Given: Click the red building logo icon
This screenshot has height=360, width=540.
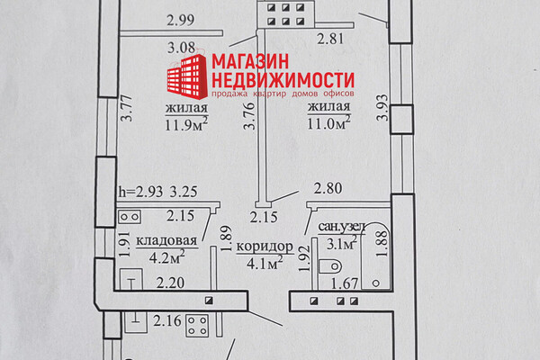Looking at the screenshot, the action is pos(187,75).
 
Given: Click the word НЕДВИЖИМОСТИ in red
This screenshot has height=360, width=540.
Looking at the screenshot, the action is pos(283,80).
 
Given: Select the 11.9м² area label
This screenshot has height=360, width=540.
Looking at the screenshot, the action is pos(186,123).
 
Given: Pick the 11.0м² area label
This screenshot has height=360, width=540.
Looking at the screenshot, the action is pos(328,122).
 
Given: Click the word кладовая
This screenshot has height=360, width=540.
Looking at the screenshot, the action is pos(166,240).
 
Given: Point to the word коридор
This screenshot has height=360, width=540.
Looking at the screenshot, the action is pos(265,247).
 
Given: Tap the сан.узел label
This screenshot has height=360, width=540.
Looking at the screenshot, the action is pos(342,227).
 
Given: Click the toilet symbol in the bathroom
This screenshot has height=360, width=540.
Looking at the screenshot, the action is pos(329,266).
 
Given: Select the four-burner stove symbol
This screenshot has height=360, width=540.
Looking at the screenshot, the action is pos(197,325).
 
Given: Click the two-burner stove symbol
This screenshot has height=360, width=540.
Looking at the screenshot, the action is pos(130,218).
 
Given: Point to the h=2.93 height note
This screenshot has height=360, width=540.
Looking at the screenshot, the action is pos(140,192).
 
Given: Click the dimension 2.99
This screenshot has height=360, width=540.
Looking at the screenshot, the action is pos(181,20).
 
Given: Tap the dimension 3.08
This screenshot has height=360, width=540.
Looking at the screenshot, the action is pos(182,48).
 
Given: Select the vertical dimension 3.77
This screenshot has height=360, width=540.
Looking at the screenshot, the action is pos(128,108).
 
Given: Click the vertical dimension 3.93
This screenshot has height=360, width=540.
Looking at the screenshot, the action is pos(382,108).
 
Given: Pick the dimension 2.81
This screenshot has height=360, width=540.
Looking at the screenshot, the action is pos(330,39).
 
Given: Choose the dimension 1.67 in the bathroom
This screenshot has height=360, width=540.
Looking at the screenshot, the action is pos(345,283).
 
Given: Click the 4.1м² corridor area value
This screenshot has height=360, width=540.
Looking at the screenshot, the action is pos(265,263).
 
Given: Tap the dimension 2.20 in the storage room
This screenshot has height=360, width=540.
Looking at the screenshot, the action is pos(170,283).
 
